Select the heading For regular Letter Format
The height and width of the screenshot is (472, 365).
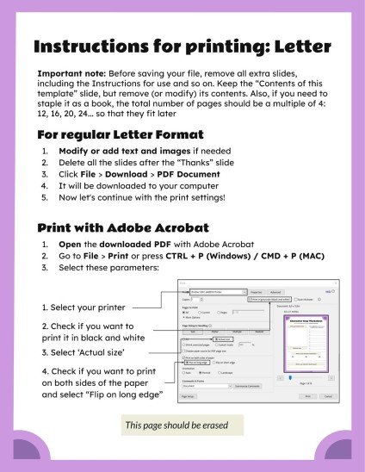pos(121,134)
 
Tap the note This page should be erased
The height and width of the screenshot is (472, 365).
pos(183,425)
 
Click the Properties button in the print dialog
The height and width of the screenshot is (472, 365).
pos(255,292)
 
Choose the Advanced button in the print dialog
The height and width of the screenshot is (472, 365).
pos(276,292)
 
